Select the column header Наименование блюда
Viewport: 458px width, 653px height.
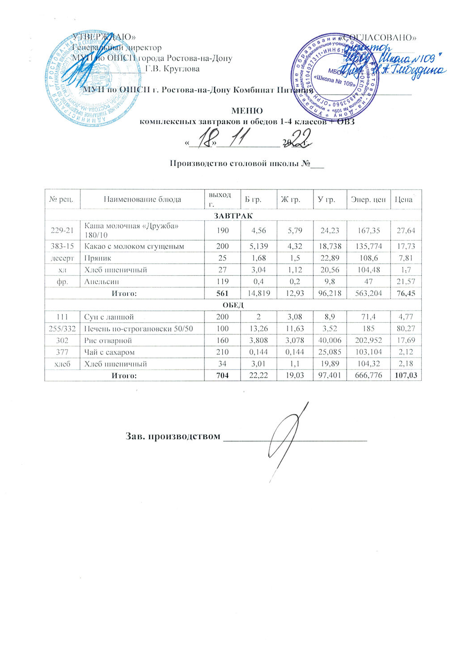point(142,199)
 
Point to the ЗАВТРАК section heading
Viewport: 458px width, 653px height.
point(233,216)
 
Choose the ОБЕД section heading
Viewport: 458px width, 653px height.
point(233,305)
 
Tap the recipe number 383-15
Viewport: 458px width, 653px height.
point(62,246)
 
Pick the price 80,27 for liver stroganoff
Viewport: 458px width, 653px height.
point(406,329)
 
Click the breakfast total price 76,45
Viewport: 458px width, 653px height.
point(406,293)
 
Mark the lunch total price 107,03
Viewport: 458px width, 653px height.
point(406,376)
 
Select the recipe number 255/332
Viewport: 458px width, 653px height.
point(62,329)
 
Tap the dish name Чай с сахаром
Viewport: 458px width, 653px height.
point(110,352)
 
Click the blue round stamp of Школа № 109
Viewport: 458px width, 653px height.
point(335,74)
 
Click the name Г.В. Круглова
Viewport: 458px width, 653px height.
point(173,69)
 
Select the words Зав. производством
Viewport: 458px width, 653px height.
point(174,436)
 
